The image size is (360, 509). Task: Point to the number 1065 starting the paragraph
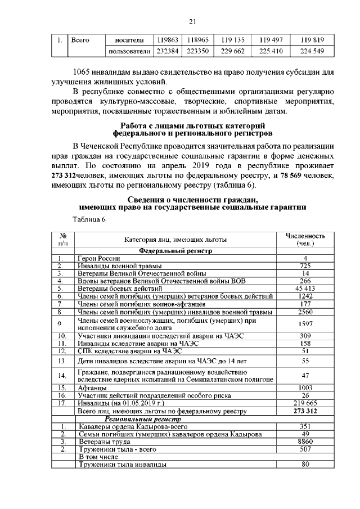pyautogui.click(x=85, y=72)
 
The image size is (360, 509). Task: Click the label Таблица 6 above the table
pyautogui.click(x=89, y=219)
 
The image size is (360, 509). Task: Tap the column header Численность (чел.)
pyautogui.click(x=305, y=239)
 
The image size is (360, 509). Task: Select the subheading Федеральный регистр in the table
pyautogui.click(x=175, y=251)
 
